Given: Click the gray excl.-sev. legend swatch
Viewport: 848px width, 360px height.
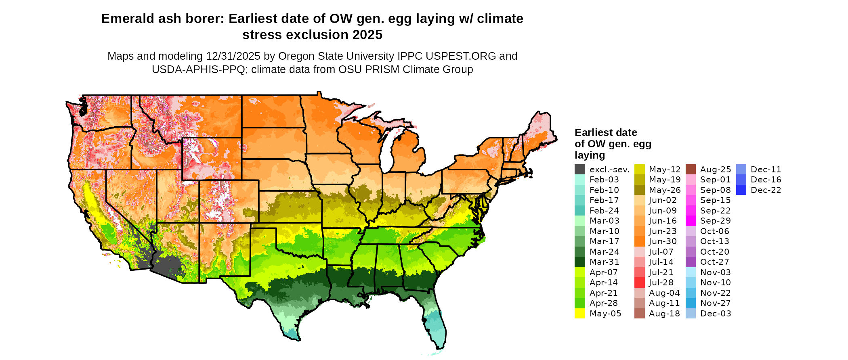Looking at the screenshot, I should tap(579, 170).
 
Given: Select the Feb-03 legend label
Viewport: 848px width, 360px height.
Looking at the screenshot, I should tap(604, 180).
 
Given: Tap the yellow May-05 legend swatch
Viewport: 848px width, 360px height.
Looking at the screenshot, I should tap(579, 314).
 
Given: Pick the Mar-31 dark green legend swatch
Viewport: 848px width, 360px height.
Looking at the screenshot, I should tap(579, 262).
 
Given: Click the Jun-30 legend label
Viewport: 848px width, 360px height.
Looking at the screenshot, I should tap(663, 241).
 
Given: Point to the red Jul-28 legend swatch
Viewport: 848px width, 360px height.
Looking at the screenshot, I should tap(639, 283).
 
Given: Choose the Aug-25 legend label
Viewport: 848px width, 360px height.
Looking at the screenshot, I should tap(716, 170).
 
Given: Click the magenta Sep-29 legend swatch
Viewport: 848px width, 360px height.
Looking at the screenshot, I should tap(691, 221).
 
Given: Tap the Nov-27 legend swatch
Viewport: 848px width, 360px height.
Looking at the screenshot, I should tap(691, 303).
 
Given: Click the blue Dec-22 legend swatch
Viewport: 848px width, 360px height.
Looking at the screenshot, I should tap(741, 190).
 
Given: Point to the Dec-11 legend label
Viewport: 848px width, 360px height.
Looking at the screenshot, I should tap(766, 170).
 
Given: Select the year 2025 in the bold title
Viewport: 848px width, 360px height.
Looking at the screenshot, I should tap(367, 35).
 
